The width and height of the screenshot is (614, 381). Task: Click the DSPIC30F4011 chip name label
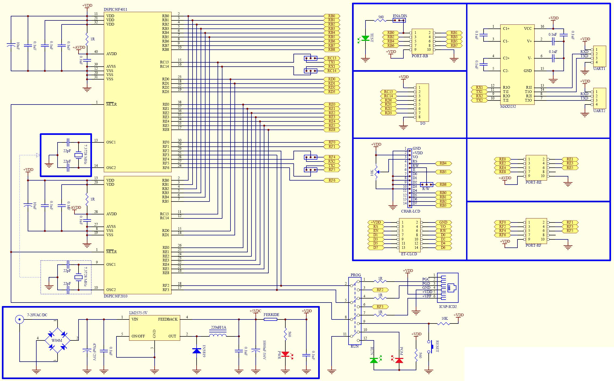[x=115, y=9]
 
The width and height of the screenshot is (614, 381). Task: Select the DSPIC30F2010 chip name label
[x=115, y=296]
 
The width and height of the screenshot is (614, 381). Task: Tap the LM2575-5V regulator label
[x=138, y=313]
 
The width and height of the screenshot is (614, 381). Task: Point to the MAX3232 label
[x=508, y=106]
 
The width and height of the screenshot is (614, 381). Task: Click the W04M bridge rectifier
[x=57, y=340]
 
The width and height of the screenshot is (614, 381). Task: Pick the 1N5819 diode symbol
[x=197, y=350]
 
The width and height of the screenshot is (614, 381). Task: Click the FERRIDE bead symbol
[x=270, y=319]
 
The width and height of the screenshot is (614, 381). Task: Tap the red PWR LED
[x=285, y=354]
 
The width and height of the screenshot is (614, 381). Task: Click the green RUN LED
[x=374, y=360]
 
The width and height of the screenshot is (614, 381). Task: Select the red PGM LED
[x=399, y=360]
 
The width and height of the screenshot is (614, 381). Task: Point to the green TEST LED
[x=365, y=38]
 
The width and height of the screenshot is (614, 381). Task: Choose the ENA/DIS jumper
[x=399, y=20]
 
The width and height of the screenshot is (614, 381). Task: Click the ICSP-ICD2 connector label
[x=448, y=306]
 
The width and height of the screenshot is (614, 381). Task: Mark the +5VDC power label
[x=255, y=311]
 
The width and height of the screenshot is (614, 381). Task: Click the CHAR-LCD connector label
[x=410, y=211]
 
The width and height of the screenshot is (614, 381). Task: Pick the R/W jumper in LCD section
[x=427, y=185]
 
